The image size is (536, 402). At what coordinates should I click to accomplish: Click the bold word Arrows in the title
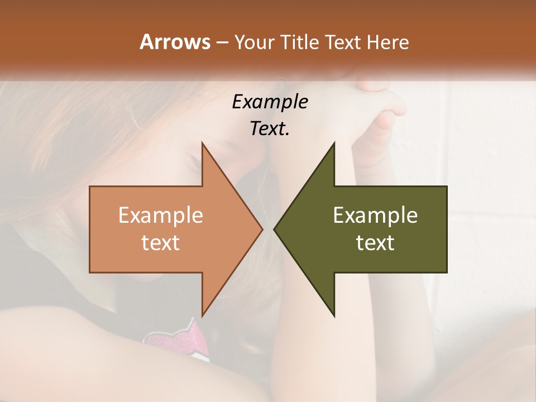click(175, 42)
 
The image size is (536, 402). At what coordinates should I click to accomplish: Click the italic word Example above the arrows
click(270, 102)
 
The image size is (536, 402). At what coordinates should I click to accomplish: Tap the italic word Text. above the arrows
click(270, 128)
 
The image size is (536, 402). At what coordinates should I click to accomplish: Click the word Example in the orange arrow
click(161, 216)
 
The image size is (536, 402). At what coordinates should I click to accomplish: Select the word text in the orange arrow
click(161, 242)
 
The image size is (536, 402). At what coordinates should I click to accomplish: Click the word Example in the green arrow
click(375, 216)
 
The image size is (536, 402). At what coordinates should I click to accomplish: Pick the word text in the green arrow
click(375, 242)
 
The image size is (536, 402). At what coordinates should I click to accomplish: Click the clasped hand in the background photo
click(385, 106)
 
